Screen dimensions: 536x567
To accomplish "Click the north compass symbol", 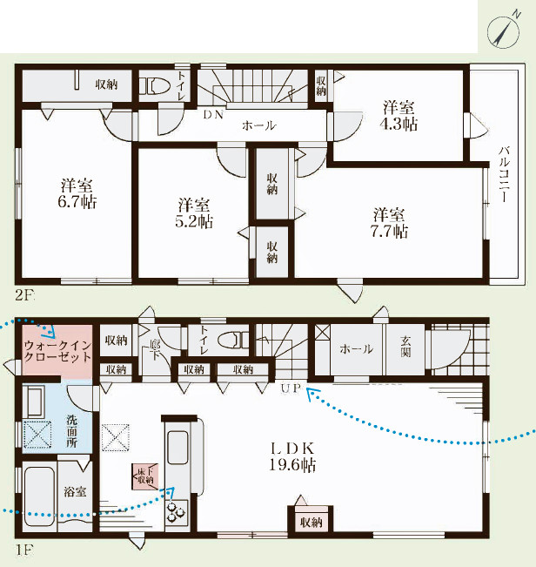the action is [x=503, y=32].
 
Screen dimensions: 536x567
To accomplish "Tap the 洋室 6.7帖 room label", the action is [x=77, y=193].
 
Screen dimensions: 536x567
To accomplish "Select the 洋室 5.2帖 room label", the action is [x=194, y=213].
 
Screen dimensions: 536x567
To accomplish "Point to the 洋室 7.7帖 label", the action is [x=389, y=223].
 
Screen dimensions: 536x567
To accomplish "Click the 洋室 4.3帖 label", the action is [x=399, y=116].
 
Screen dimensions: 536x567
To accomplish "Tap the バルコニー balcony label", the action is [x=504, y=173].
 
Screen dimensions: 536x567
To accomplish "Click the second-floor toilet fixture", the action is [x=155, y=86].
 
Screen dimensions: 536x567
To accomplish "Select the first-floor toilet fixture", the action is [x=234, y=341].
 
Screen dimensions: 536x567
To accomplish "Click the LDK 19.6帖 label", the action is [x=292, y=456].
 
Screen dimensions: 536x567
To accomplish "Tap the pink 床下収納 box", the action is [x=145, y=476].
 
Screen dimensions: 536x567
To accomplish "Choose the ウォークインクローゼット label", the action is [x=57, y=352].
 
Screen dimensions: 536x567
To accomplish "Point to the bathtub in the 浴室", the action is [x=40, y=497].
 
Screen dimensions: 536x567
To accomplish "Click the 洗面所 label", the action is [x=72, y=431].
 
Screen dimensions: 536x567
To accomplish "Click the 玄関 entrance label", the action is [x=405, y=347].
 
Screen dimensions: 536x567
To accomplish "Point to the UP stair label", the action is [x=291, y=388].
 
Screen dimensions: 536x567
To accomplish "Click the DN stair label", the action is [x=213, y=115].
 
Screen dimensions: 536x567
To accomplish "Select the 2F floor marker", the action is [x=23, y=296].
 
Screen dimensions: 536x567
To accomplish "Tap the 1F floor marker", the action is [x=23, y=550].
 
